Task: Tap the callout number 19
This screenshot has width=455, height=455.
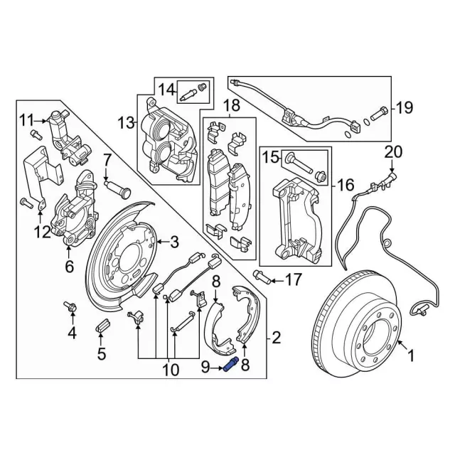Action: point(403,109)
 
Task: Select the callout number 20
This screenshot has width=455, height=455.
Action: point(393,151)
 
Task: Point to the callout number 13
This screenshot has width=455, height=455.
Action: point(127,124)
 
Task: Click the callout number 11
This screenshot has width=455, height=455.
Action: point(26,118)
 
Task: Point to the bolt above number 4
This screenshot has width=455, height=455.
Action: point(72,306)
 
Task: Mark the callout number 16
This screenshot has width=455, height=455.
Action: point(345,186)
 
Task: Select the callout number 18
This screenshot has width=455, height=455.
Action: point(230,107)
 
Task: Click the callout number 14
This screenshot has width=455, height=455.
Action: point(166,90)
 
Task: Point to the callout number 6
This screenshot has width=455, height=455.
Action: point(69,267)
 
